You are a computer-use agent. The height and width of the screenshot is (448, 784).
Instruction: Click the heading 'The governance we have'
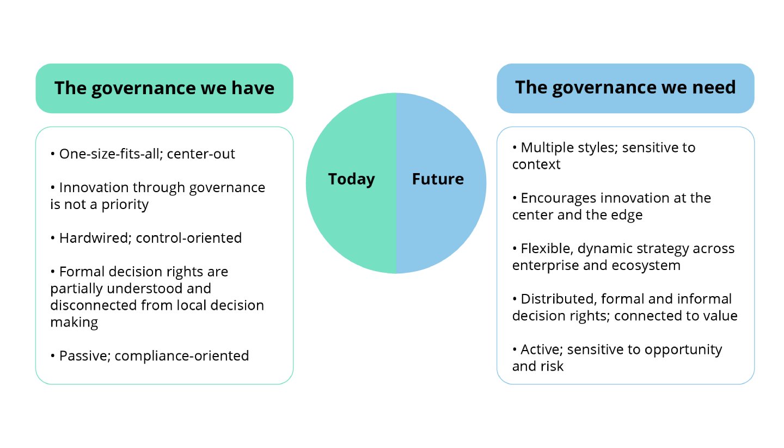click(x=164, y=88)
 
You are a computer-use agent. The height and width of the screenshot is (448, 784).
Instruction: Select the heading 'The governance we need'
click(x=625, y=88)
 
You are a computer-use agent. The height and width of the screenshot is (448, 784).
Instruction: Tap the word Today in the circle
click(x=351, y=179)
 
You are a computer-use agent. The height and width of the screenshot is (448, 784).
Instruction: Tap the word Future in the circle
click(x=438, y=179)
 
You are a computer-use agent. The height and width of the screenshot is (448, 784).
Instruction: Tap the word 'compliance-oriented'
click(x=182, y=356)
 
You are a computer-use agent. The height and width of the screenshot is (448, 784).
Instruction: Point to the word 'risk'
click(x=553, y=366)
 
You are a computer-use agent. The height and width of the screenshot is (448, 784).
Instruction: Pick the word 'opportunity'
click(x=683, y=349)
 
